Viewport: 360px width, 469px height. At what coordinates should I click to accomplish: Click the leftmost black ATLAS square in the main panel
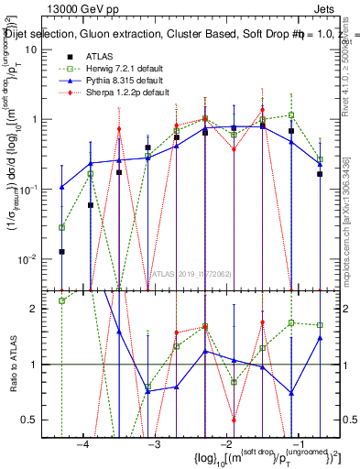coord(61,251)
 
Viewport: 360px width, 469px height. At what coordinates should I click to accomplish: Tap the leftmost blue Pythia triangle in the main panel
coord(61,187)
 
